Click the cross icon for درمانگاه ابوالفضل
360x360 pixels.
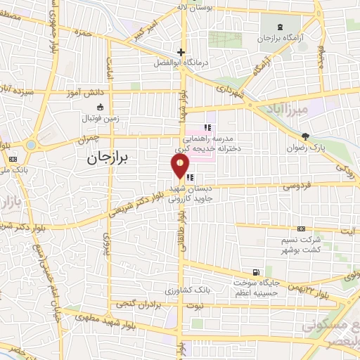pos(181,52)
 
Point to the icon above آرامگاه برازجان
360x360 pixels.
pos(281,27)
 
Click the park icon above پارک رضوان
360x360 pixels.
pos(304,136)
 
